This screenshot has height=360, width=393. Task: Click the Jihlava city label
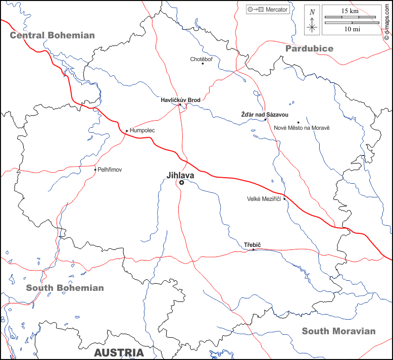tap(180, 175)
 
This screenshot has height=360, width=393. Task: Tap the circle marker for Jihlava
tap(181, 183)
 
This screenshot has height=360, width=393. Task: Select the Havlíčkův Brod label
tap(180, 100)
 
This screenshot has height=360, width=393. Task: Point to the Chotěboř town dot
tap(203, 64)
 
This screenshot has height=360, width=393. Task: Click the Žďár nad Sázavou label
tap(265, 115)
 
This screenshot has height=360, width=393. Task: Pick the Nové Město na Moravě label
tap(302, 128)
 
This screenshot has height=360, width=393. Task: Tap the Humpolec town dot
tap(127, 131)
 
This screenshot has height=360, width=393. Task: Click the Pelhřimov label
tap(110, 170)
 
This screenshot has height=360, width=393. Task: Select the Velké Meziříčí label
tap(264, 199)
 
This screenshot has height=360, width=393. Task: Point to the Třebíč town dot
tap(253, 249)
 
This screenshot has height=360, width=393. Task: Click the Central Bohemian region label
tap(53, 35)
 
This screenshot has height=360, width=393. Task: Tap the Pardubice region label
tap(309, 48)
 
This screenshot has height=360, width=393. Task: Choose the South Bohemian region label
tap(65, 288)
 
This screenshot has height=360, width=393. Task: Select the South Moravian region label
tap(338, 331)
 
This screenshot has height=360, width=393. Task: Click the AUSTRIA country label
tap(119, 352)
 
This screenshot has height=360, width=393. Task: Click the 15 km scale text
tap(351, 11)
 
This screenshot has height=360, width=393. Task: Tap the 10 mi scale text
tap(352, 29)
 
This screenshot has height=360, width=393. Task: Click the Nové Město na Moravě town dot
tap(298, 122)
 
